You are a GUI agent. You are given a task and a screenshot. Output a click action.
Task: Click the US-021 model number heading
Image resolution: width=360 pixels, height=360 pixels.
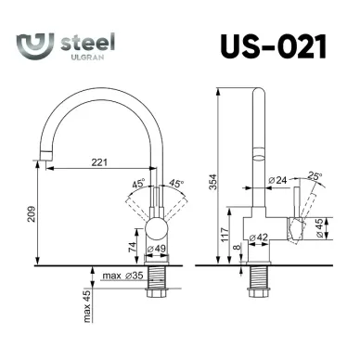[x=274, y=46]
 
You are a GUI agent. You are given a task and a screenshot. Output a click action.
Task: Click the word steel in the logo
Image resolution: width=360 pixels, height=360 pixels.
[x=88, y=43]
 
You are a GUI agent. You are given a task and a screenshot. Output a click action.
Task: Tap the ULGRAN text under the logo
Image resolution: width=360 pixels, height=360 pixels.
[x=87, y=58]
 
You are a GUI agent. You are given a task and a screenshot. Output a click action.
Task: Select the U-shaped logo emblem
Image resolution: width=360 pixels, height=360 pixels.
[x=35, y=45]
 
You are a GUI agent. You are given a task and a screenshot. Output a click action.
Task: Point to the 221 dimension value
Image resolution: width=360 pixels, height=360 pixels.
[x=99, y=162]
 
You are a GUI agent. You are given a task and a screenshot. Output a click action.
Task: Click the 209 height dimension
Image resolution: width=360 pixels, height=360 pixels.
[x=32, y=213]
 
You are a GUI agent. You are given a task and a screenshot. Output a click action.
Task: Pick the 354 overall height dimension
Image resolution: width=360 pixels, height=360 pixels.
[x=213, y=182]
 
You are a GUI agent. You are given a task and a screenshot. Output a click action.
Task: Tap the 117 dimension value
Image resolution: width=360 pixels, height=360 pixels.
[x=225, y=235]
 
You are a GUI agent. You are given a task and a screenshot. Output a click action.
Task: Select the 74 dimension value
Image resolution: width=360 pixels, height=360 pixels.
[x=132, y=247]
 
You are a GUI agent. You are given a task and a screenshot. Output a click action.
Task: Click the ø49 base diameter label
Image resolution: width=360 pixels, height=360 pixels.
[x=157, y=249]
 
